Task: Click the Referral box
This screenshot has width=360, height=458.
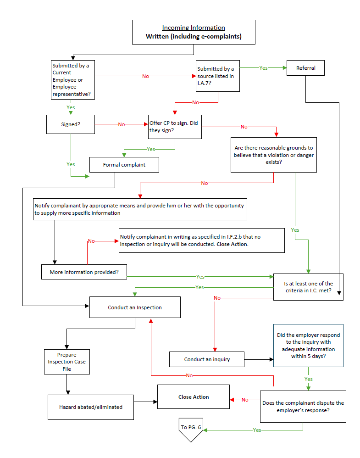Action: point(305,68)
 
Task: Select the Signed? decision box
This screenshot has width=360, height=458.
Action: point(70,124)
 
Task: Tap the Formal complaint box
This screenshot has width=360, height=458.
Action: point(124,165)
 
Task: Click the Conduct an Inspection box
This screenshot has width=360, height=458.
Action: point(135,307)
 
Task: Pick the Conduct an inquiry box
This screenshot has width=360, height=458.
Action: point(207,359)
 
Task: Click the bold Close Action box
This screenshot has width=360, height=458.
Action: point(193,397)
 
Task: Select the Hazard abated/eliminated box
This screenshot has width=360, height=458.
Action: point(90,407)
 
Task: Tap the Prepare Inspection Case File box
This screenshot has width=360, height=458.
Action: point(67,362)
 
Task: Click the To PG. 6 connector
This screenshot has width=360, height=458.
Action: point(190,429)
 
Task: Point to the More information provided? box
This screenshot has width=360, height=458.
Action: point(84,272)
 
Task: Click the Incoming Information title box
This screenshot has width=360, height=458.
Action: point(193,32)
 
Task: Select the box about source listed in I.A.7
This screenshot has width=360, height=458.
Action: point(217,76)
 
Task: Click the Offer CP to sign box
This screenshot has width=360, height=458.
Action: point(174,126)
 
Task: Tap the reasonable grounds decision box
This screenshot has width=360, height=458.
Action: point(273,155)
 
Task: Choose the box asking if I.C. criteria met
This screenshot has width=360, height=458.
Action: point(308,287)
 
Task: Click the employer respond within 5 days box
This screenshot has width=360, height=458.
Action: point(308,346)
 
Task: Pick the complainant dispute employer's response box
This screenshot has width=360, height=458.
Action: point(303,406)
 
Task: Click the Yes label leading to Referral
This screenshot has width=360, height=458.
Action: point(263,68)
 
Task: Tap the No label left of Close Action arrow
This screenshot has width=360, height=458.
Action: point(244,400)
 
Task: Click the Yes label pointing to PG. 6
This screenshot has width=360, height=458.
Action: point(257,430)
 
